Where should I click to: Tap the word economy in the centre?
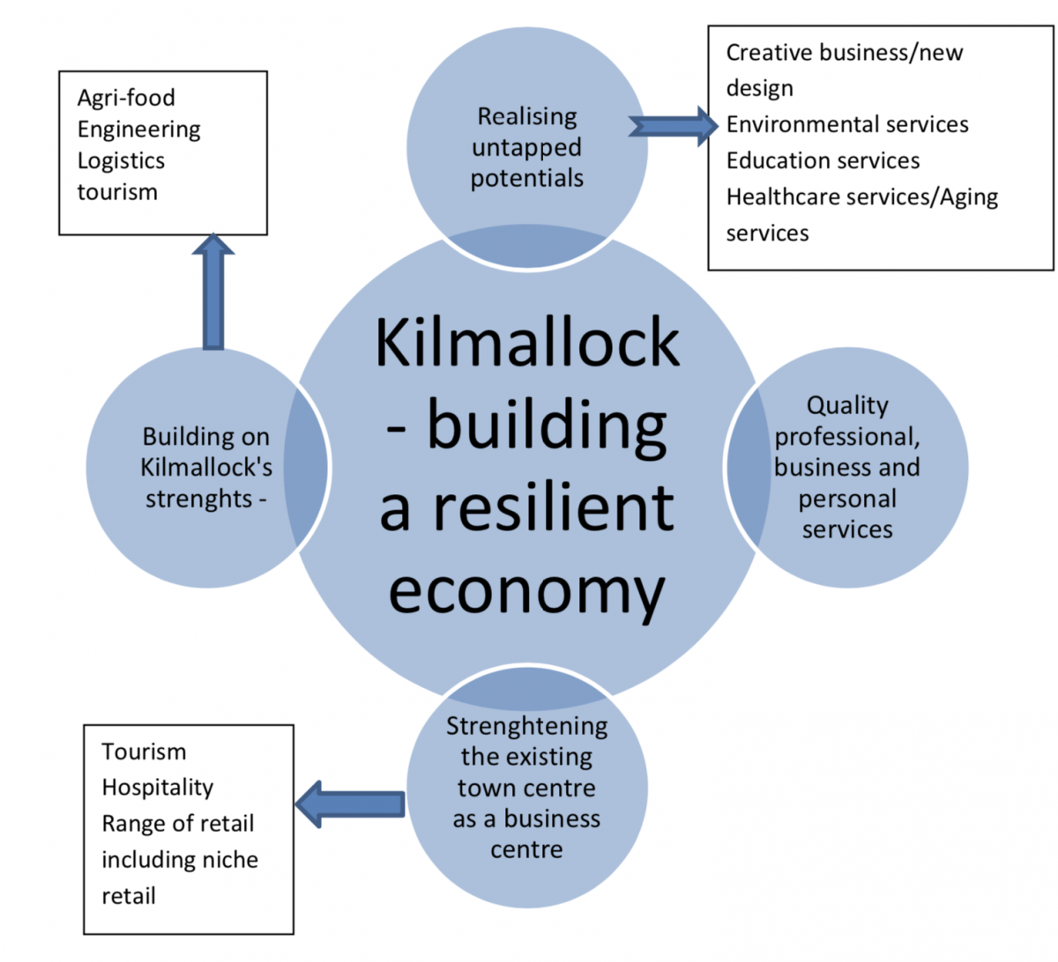tap(526, 590)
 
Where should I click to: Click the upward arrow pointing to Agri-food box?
tap(212, 292)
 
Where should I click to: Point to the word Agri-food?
tap(126, 98)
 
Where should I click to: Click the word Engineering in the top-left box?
tap(138, 129)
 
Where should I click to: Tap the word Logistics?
tap(121, 161)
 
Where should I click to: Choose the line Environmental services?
tap(846, 124)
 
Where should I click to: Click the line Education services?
tap(823, 160)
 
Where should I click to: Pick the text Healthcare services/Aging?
tap(861, 196)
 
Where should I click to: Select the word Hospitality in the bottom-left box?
tap(157, 788)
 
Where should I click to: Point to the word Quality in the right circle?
tap(847, 405)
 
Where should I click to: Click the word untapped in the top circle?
tap(526, 147)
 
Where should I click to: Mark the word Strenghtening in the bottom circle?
tap(526, 726)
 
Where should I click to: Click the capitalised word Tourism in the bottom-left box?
tap(144, 751)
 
